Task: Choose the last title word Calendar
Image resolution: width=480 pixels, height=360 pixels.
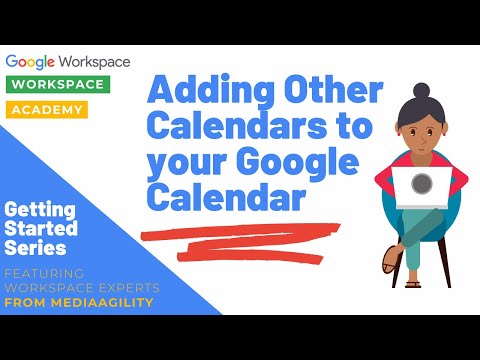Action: (226, 199)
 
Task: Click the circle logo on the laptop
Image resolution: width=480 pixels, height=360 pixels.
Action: (421, 184)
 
